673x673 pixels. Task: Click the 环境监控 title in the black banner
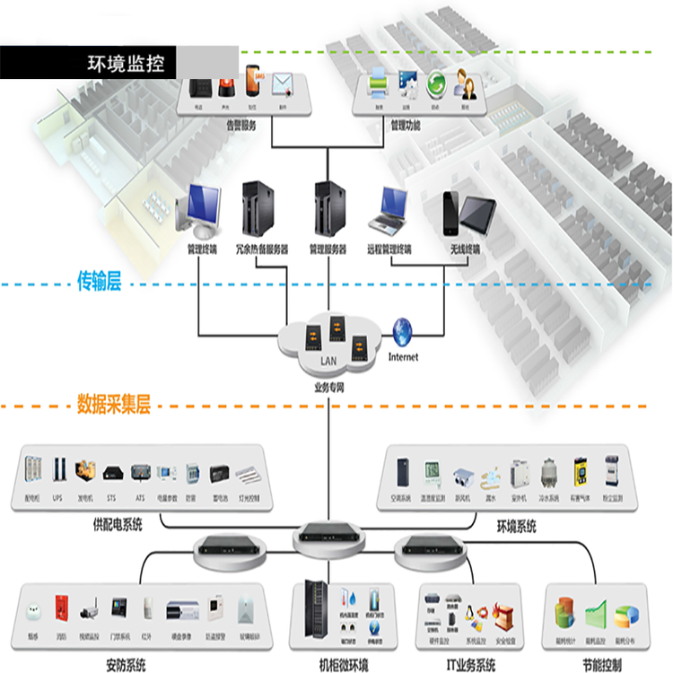pos(125,63)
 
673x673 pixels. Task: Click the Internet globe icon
pos(402,332)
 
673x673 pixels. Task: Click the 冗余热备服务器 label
pos(261,249)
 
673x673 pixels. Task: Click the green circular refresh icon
pos(437,86)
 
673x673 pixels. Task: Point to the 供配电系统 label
pos(118,524)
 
